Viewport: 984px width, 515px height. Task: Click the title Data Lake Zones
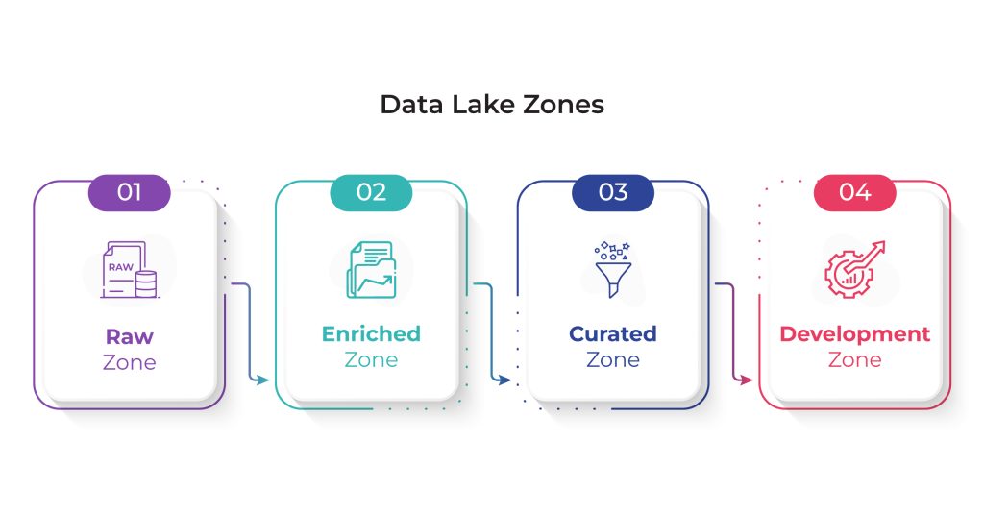tap(492, 104)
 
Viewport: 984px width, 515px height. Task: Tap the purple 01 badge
tap(130, 192)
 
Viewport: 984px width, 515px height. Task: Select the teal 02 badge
tap(371, 192)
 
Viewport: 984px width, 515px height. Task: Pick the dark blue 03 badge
tap(612, 192)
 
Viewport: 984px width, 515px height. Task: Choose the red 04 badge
tap(854, 192)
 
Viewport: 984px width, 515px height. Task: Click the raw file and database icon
tap(130, 270)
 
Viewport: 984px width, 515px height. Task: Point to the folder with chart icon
tap(372, 270)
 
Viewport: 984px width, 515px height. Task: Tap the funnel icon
tap(612, 269)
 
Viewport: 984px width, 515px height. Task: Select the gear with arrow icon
tap(854, 269)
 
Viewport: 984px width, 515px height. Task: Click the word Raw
tap(130, 337)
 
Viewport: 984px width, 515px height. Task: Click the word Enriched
tap(371, 333)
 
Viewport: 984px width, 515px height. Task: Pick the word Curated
tap(612, 333)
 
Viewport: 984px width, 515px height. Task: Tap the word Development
tap(854, 334)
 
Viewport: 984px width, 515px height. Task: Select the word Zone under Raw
tap(130, 362)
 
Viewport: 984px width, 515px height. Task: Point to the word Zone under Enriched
tap(371, 360)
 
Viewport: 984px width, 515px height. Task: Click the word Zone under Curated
tap(612, 360)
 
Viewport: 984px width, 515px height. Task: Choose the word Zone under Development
tap(854, 360)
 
